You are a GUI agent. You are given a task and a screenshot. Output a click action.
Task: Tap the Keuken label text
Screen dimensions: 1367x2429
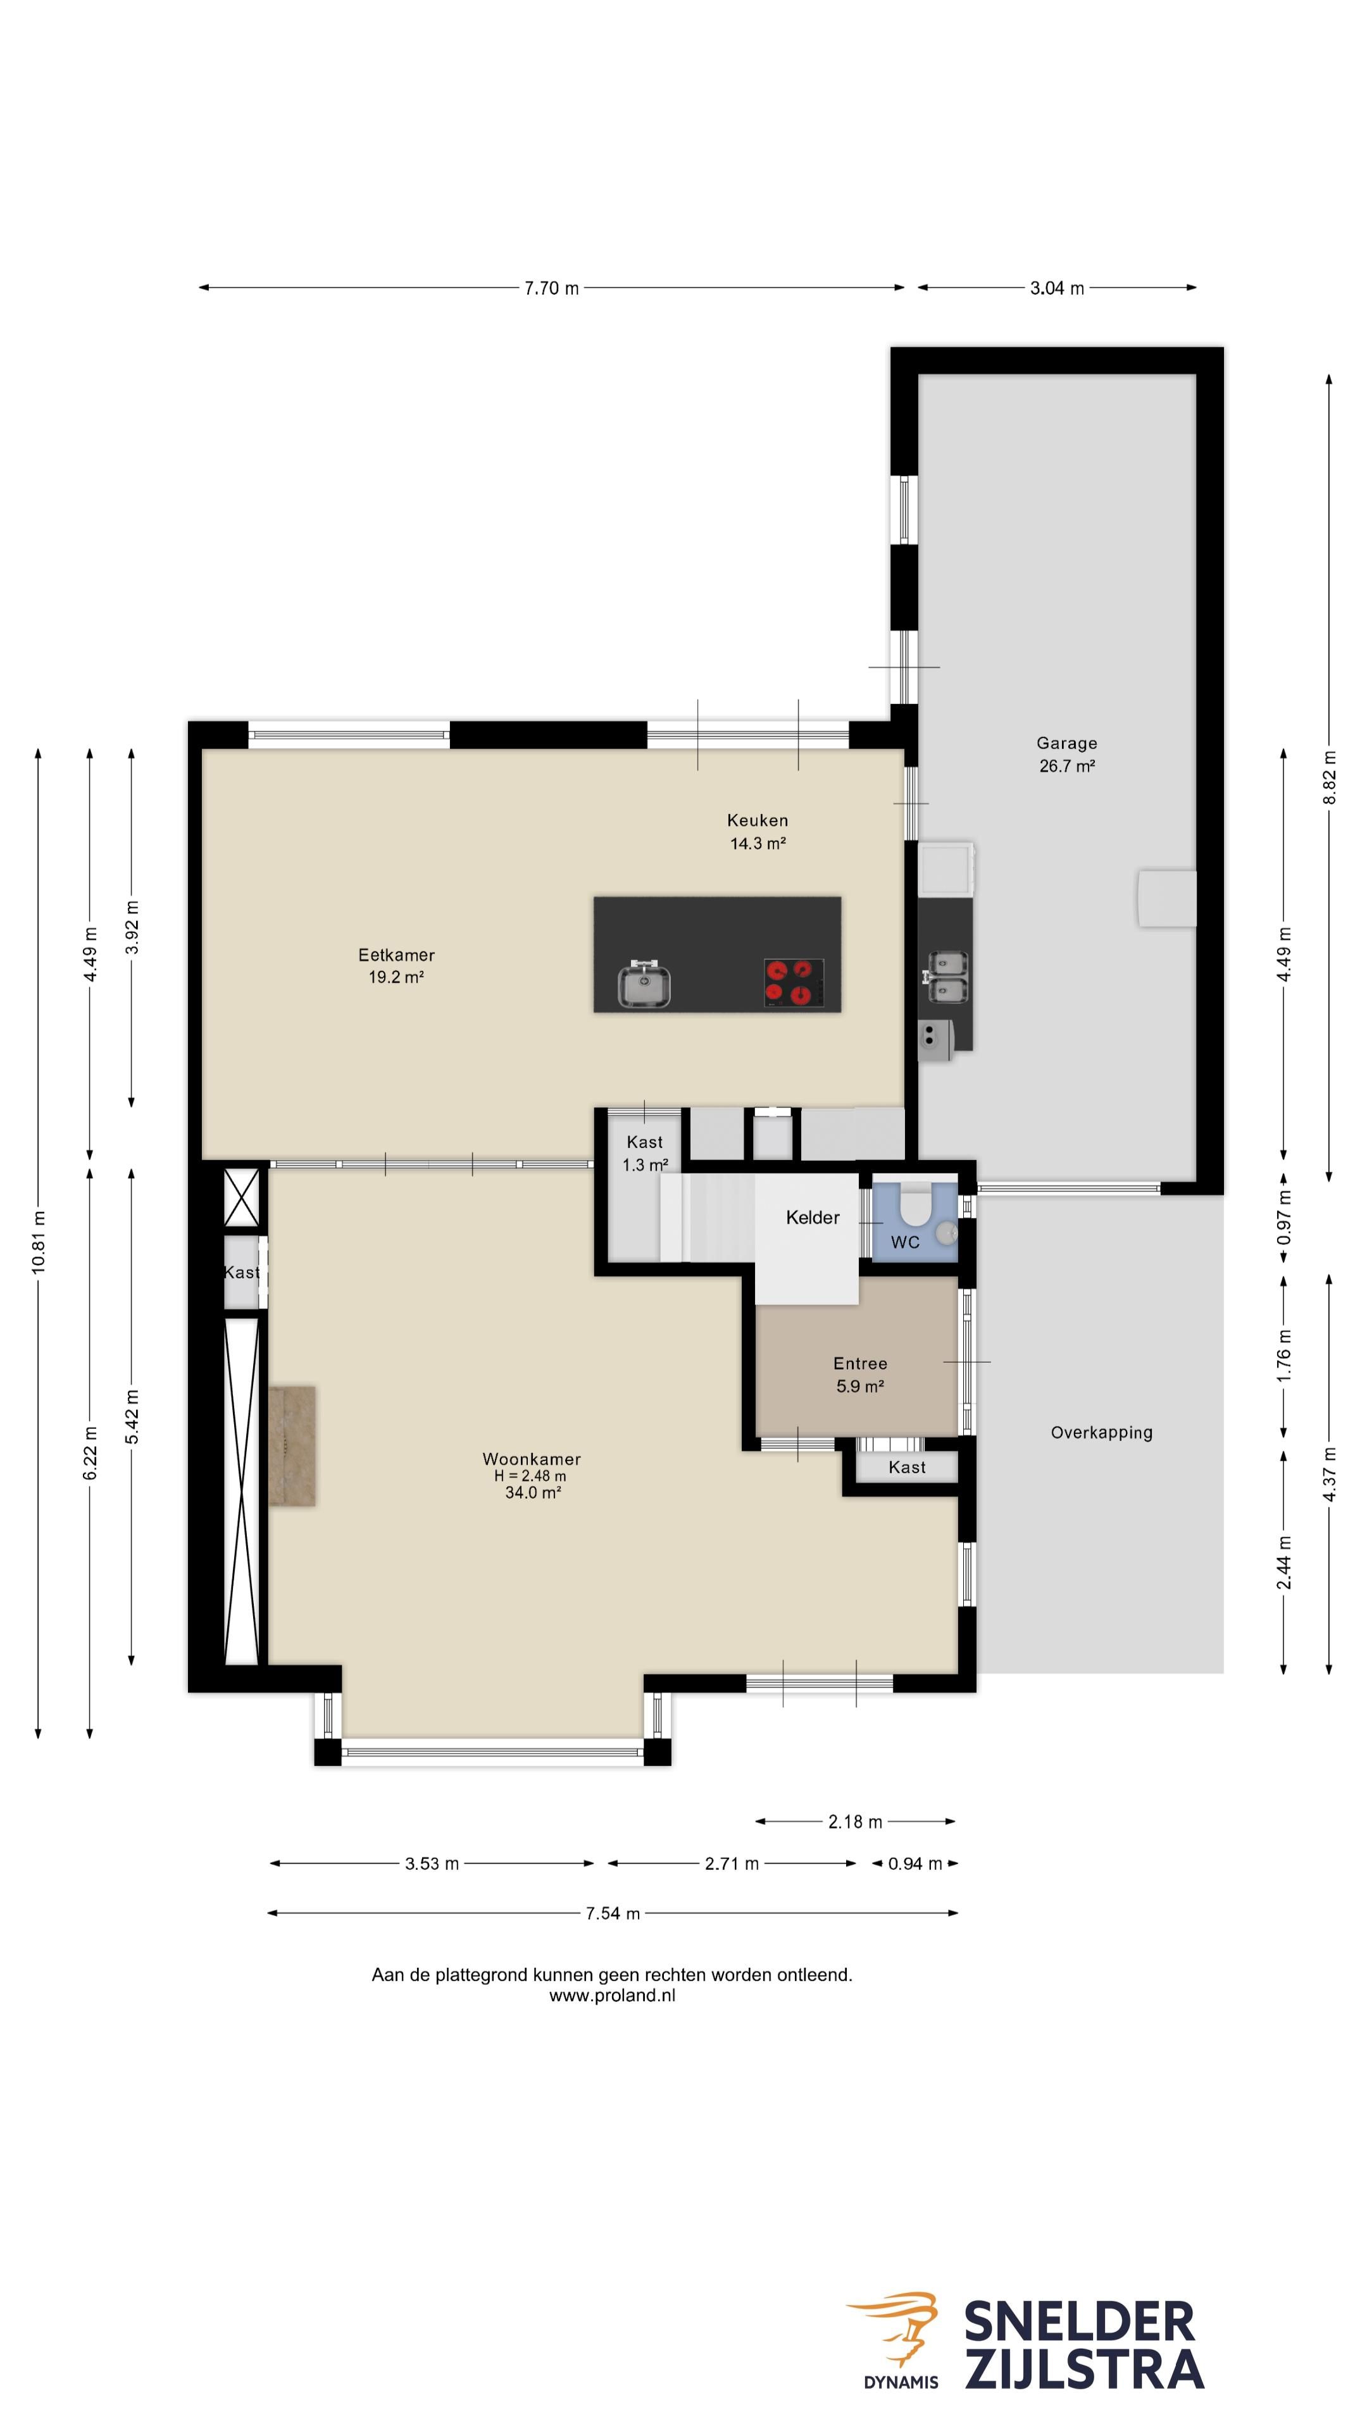(x=757, y=820)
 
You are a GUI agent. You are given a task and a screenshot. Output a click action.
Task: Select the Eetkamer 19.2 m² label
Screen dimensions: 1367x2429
(x=396, y=965)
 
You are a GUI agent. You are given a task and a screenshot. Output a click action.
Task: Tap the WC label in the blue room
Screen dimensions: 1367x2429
(x=905, y=1242)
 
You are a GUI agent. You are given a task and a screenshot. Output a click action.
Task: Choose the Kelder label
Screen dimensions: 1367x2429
(x=812, y=1217)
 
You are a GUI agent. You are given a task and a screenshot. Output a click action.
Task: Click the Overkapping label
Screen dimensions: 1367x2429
(x=1101, y=1432)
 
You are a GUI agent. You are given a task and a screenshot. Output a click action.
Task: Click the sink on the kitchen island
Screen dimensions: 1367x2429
(x=644, y=984)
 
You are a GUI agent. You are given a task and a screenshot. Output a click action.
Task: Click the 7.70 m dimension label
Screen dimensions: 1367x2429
(x=552, y=288)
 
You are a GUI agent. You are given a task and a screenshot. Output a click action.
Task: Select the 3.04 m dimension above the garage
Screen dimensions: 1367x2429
(x=1057, y=288)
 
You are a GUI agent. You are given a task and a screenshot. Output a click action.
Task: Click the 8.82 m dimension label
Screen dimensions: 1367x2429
(x=1329, y=777)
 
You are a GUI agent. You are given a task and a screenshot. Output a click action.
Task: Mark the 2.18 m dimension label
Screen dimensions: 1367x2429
(x=855, y=1822)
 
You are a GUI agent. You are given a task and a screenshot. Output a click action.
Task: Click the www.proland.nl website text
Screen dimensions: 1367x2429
(x=612, y=1995)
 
